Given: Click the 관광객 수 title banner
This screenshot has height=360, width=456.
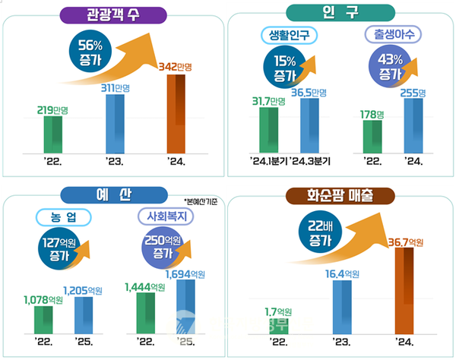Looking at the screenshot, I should tap(113, 14).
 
